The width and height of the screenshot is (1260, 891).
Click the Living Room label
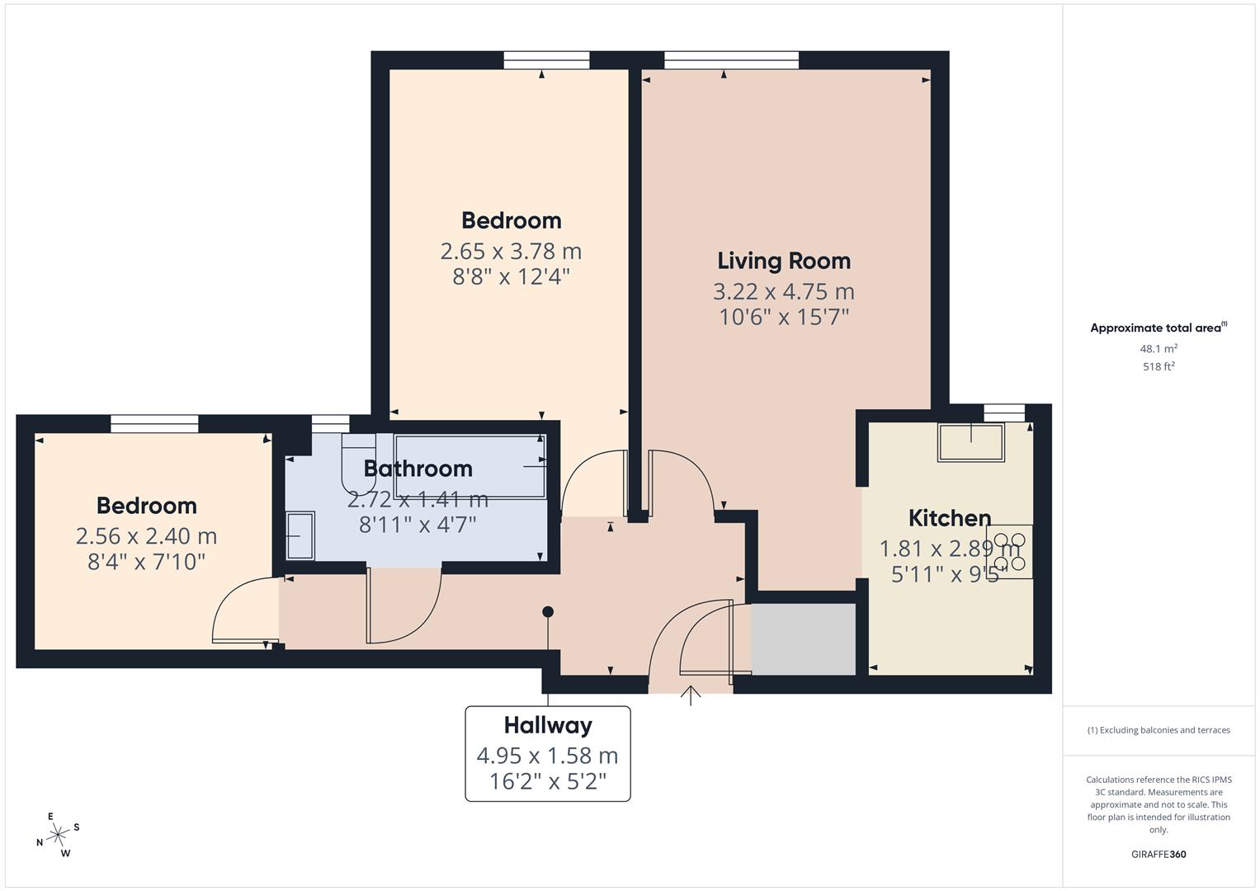(x=783, y=261)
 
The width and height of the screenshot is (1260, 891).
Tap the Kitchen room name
(x=949, y=518)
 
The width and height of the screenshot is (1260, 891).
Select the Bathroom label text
(x=418, y=469)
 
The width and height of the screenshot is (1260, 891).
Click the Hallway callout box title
(x=548, y=725)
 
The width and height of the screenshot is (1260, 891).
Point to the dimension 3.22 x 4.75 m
(x=783, y=291)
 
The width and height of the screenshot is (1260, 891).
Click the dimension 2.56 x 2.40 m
(x=146, y=536)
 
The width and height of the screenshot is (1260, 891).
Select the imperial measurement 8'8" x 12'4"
(x=511, y=276)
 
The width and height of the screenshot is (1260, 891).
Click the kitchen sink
(x=970, y=441)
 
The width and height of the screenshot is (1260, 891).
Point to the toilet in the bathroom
(x=357, y=459)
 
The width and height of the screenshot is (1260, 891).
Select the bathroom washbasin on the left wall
(x=300, y=536)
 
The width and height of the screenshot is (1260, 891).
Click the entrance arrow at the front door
(x=691, y=695)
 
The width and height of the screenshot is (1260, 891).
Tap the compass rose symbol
(x=58, y=835)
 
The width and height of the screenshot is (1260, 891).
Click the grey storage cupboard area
(x=803, y=639)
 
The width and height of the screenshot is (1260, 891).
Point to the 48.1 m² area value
(x=1158, y=348)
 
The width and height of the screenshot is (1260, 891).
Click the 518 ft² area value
(x=1158, y=366)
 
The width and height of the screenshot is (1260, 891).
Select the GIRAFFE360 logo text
(x=1158, y=854)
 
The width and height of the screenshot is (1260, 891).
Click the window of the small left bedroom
(x=154, y=423)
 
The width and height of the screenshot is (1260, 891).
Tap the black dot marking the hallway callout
(x=548, y=611)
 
